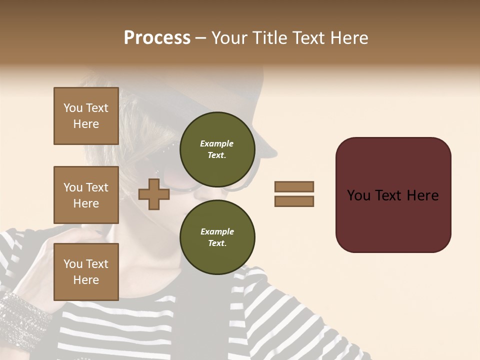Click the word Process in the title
[157, 38]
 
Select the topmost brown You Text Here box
[86, 116]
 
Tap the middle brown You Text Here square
[86, 195]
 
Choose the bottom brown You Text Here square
[86, 272]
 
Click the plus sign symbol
[153, 194]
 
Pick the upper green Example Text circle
[217, 149]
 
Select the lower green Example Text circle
[217, 237]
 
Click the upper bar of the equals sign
[294, 186]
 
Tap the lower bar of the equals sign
[294, 201]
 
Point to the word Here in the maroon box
[422, 195]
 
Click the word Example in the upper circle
[217, 143]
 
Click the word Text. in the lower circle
[217, 243]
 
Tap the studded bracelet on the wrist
[20, 310]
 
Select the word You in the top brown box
[73, 108]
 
